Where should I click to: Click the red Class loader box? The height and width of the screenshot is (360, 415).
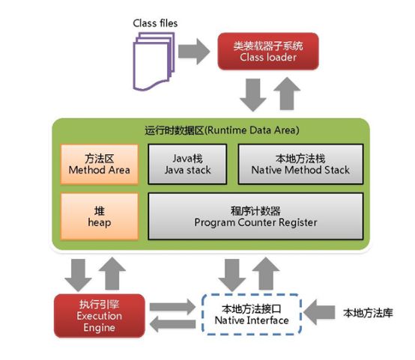(x=268, y=52)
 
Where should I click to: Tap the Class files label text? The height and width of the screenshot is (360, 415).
(x=155, y=23)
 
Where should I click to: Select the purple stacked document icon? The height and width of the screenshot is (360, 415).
(x=154, y=61)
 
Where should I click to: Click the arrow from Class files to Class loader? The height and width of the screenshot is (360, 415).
(x=194, y=52)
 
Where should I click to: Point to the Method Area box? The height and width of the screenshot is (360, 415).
(x=99, y=164)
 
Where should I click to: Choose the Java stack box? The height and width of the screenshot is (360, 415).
(x=187, y=164)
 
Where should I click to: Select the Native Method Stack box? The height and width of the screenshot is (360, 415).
(x=300, y=164)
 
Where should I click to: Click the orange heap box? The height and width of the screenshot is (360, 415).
(x=99, y=216)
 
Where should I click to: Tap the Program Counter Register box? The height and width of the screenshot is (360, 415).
(x=255, y=216)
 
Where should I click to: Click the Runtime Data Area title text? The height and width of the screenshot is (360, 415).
(x=222, y=130)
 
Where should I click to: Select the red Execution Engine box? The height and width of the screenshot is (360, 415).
(x=99, y=316)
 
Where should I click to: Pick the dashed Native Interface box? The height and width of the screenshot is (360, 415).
(x=252, y=314)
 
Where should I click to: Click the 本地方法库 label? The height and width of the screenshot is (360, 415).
(x=368, y=313)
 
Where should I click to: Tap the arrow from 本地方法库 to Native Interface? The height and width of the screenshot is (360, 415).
(x=319, y=313)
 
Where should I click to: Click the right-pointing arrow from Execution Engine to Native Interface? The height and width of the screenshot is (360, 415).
(x=172, y=307)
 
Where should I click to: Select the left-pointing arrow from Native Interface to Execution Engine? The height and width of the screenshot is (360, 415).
(x=172, y=324)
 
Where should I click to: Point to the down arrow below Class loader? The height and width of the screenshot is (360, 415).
(x=253, y=95)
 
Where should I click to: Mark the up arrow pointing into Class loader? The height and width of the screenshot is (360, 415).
(x=287, y=94)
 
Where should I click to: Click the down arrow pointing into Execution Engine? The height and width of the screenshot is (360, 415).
(x=79, y=275)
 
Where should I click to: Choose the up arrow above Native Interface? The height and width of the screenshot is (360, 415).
(x=266, y=274)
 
